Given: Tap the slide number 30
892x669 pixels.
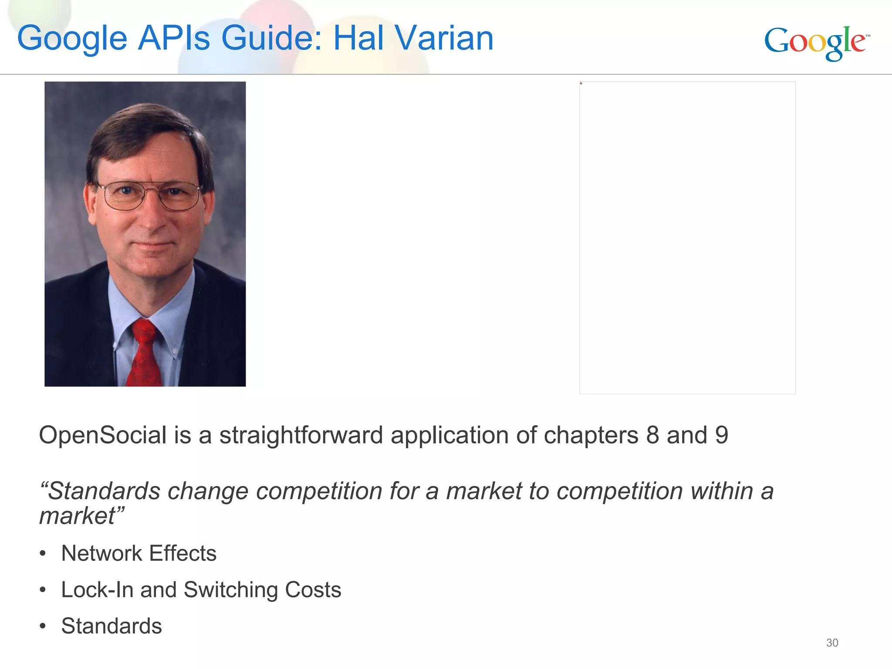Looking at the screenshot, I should click(832, 643).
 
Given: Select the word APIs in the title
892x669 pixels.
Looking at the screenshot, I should click(174, 38).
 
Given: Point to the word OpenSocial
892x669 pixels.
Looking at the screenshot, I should click(103, 435).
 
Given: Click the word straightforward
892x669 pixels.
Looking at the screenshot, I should click(301, 435).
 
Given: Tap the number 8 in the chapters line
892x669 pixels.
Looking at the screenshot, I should click(652, 435).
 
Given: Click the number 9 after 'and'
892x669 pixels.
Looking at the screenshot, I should click(721, 435).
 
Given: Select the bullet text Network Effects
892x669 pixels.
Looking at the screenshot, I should click(139, 554).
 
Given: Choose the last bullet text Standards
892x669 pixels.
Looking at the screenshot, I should click(111, 626).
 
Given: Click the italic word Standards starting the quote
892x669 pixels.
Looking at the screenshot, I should click(104, 491).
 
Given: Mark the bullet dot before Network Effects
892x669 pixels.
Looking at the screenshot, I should click(42, 554).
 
